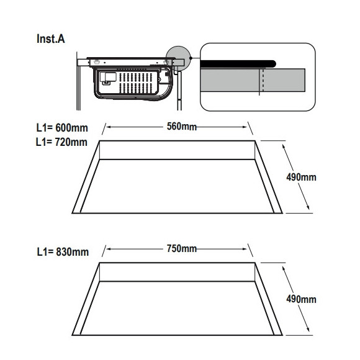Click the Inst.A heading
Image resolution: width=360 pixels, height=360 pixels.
pyautogui.click(x=51, y=39)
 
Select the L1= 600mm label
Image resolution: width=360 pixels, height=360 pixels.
pyautogui.click(x=62, y=128)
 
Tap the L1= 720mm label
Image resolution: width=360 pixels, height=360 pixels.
pyautogui.click(x=61, y=142)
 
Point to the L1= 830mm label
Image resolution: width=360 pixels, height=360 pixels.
pyautogui.click(x=63, y=252)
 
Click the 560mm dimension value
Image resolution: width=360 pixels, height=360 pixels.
pyautogui.click(x=182, y=127)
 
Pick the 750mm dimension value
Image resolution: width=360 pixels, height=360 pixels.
pyautogui.click(x=182, y=249)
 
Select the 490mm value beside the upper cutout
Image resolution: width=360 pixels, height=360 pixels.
pyautogui.click(x=301, y=177)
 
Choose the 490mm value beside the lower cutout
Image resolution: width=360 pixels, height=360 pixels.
pyautogui.click(x=301, y=299)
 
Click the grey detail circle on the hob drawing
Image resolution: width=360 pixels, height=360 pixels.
pyautogui.click(x=179, y=58)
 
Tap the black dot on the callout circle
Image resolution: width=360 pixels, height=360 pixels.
pyautogui.click(x=191, y=58)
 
